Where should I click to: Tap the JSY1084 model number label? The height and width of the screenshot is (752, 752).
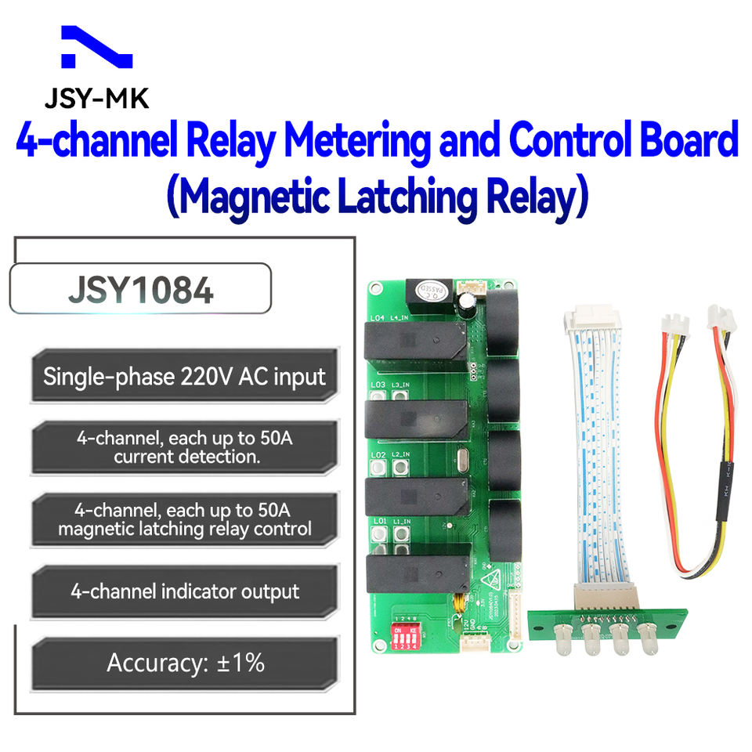pos(140,289)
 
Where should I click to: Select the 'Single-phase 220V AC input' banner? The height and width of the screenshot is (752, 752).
pos(184,376)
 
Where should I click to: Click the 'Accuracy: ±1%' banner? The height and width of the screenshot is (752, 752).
pos(185,663)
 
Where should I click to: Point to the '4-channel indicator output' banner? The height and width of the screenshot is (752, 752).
pos(185,591)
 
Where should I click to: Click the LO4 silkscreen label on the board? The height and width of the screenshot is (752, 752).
pos(378,318)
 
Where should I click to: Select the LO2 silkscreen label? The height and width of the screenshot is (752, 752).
pos(378,454)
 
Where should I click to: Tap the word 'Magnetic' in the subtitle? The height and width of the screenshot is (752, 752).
pos(252,197)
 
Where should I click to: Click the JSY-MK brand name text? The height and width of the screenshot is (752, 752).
pos(96,99)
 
